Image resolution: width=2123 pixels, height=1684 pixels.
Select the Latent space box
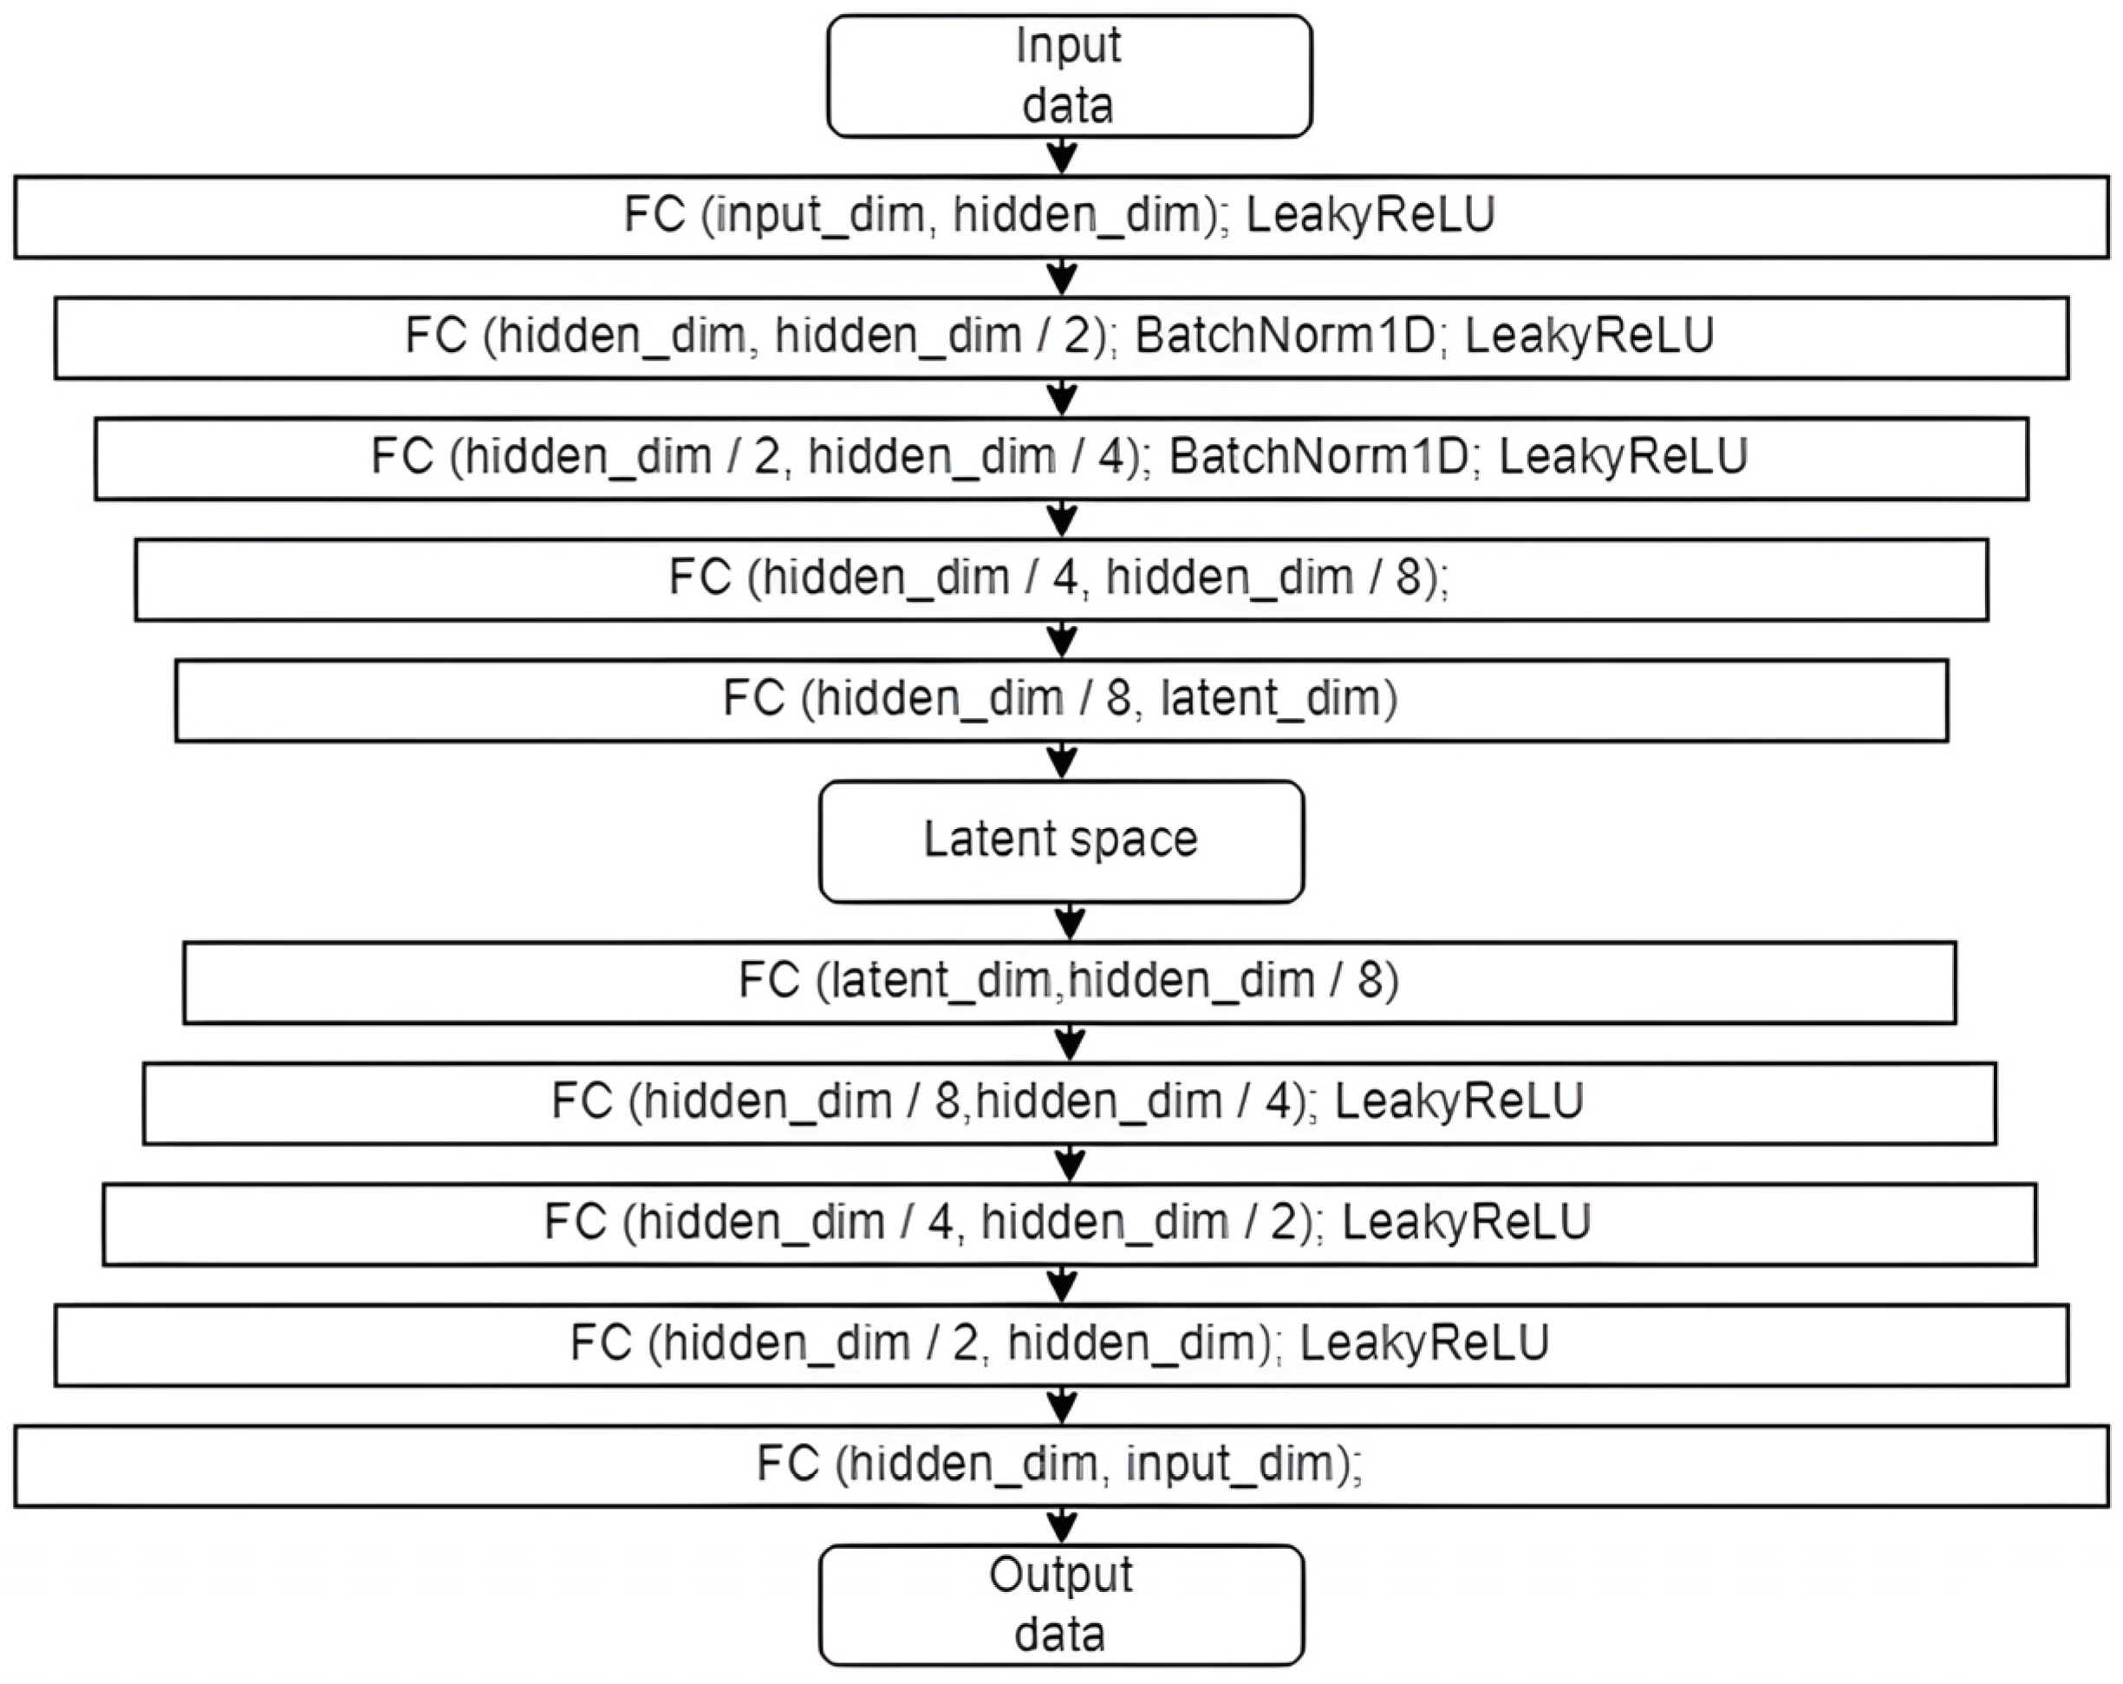pyautogui.click(x=1060, y=841)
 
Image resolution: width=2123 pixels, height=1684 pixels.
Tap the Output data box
pyautogui.click(x=1060, y=1605)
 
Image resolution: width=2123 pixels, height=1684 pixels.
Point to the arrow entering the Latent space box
pyautogui.click(x=1061, y=760)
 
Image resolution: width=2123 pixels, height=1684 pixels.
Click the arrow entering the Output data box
pyautogui.click(x=1061, y=1525)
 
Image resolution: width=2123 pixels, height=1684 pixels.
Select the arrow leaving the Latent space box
pyautogui.click(x=1070, y=922)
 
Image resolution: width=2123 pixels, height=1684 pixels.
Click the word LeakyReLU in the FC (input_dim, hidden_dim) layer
pyautogui.click(x=1370, y=215)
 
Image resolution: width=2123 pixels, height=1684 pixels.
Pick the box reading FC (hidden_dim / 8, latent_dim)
pyautogui.click(x=1060, y=699)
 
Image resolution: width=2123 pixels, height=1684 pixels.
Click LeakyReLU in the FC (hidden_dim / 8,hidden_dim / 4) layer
pyautogui.click(x=1458, y=1101)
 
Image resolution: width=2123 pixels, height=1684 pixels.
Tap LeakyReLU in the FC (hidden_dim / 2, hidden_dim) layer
pyautogui.click(x=1424, y=1343)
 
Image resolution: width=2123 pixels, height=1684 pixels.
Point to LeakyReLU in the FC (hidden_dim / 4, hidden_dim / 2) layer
pyautogui.click(x=1465, y=1222)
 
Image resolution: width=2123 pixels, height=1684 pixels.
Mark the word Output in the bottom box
pyautogui.click(x=1060, y=1575)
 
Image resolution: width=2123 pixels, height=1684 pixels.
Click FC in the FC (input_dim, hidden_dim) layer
pyautogui.click(x=654, y=215)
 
